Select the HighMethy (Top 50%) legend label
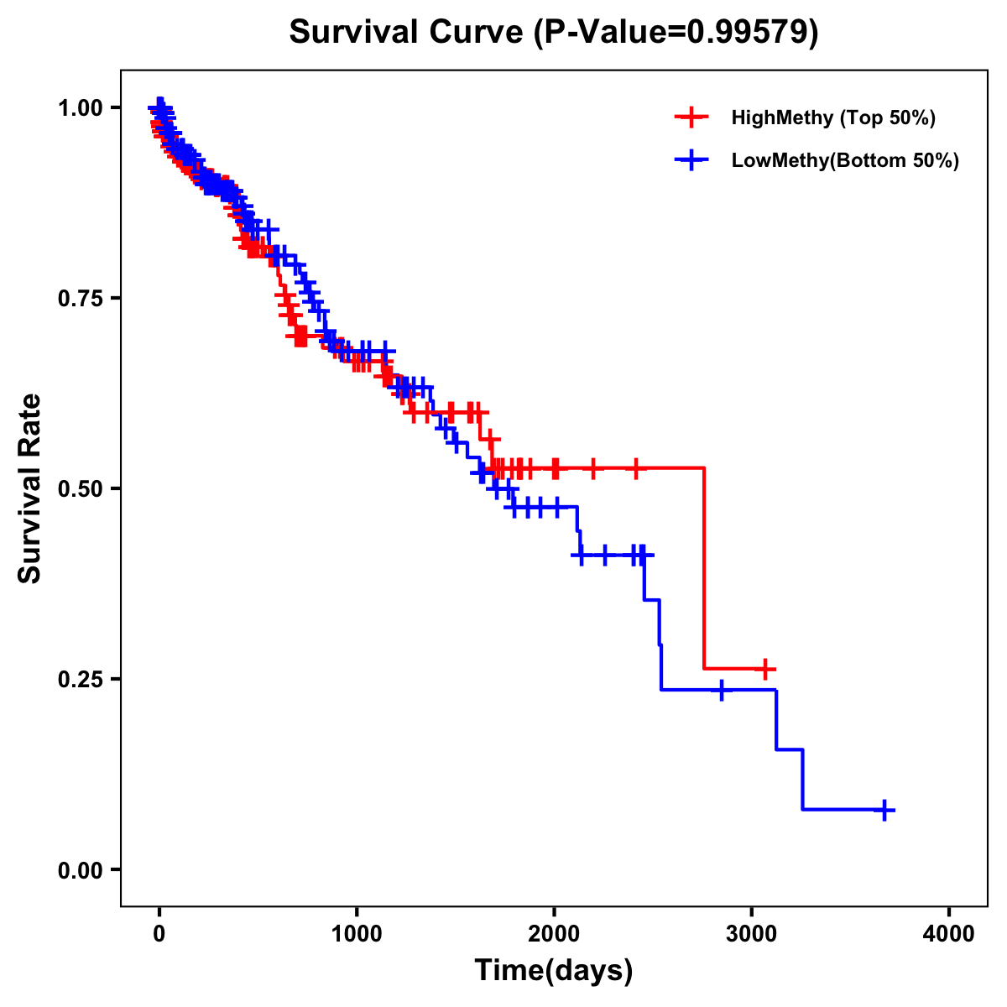pos(832,117)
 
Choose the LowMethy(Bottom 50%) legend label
pos(845,161)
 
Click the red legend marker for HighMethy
pos(691,117)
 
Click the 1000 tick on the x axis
pos(357,934)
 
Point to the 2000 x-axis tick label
pos(554,934)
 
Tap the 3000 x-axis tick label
pos(752,934)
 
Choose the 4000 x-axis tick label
pos(949,934)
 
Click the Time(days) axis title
pos(554,971)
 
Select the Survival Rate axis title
pos(30,488)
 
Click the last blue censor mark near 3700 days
pos(884,810)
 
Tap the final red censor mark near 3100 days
pos(764,669)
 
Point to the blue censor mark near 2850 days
pos(721,690)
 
